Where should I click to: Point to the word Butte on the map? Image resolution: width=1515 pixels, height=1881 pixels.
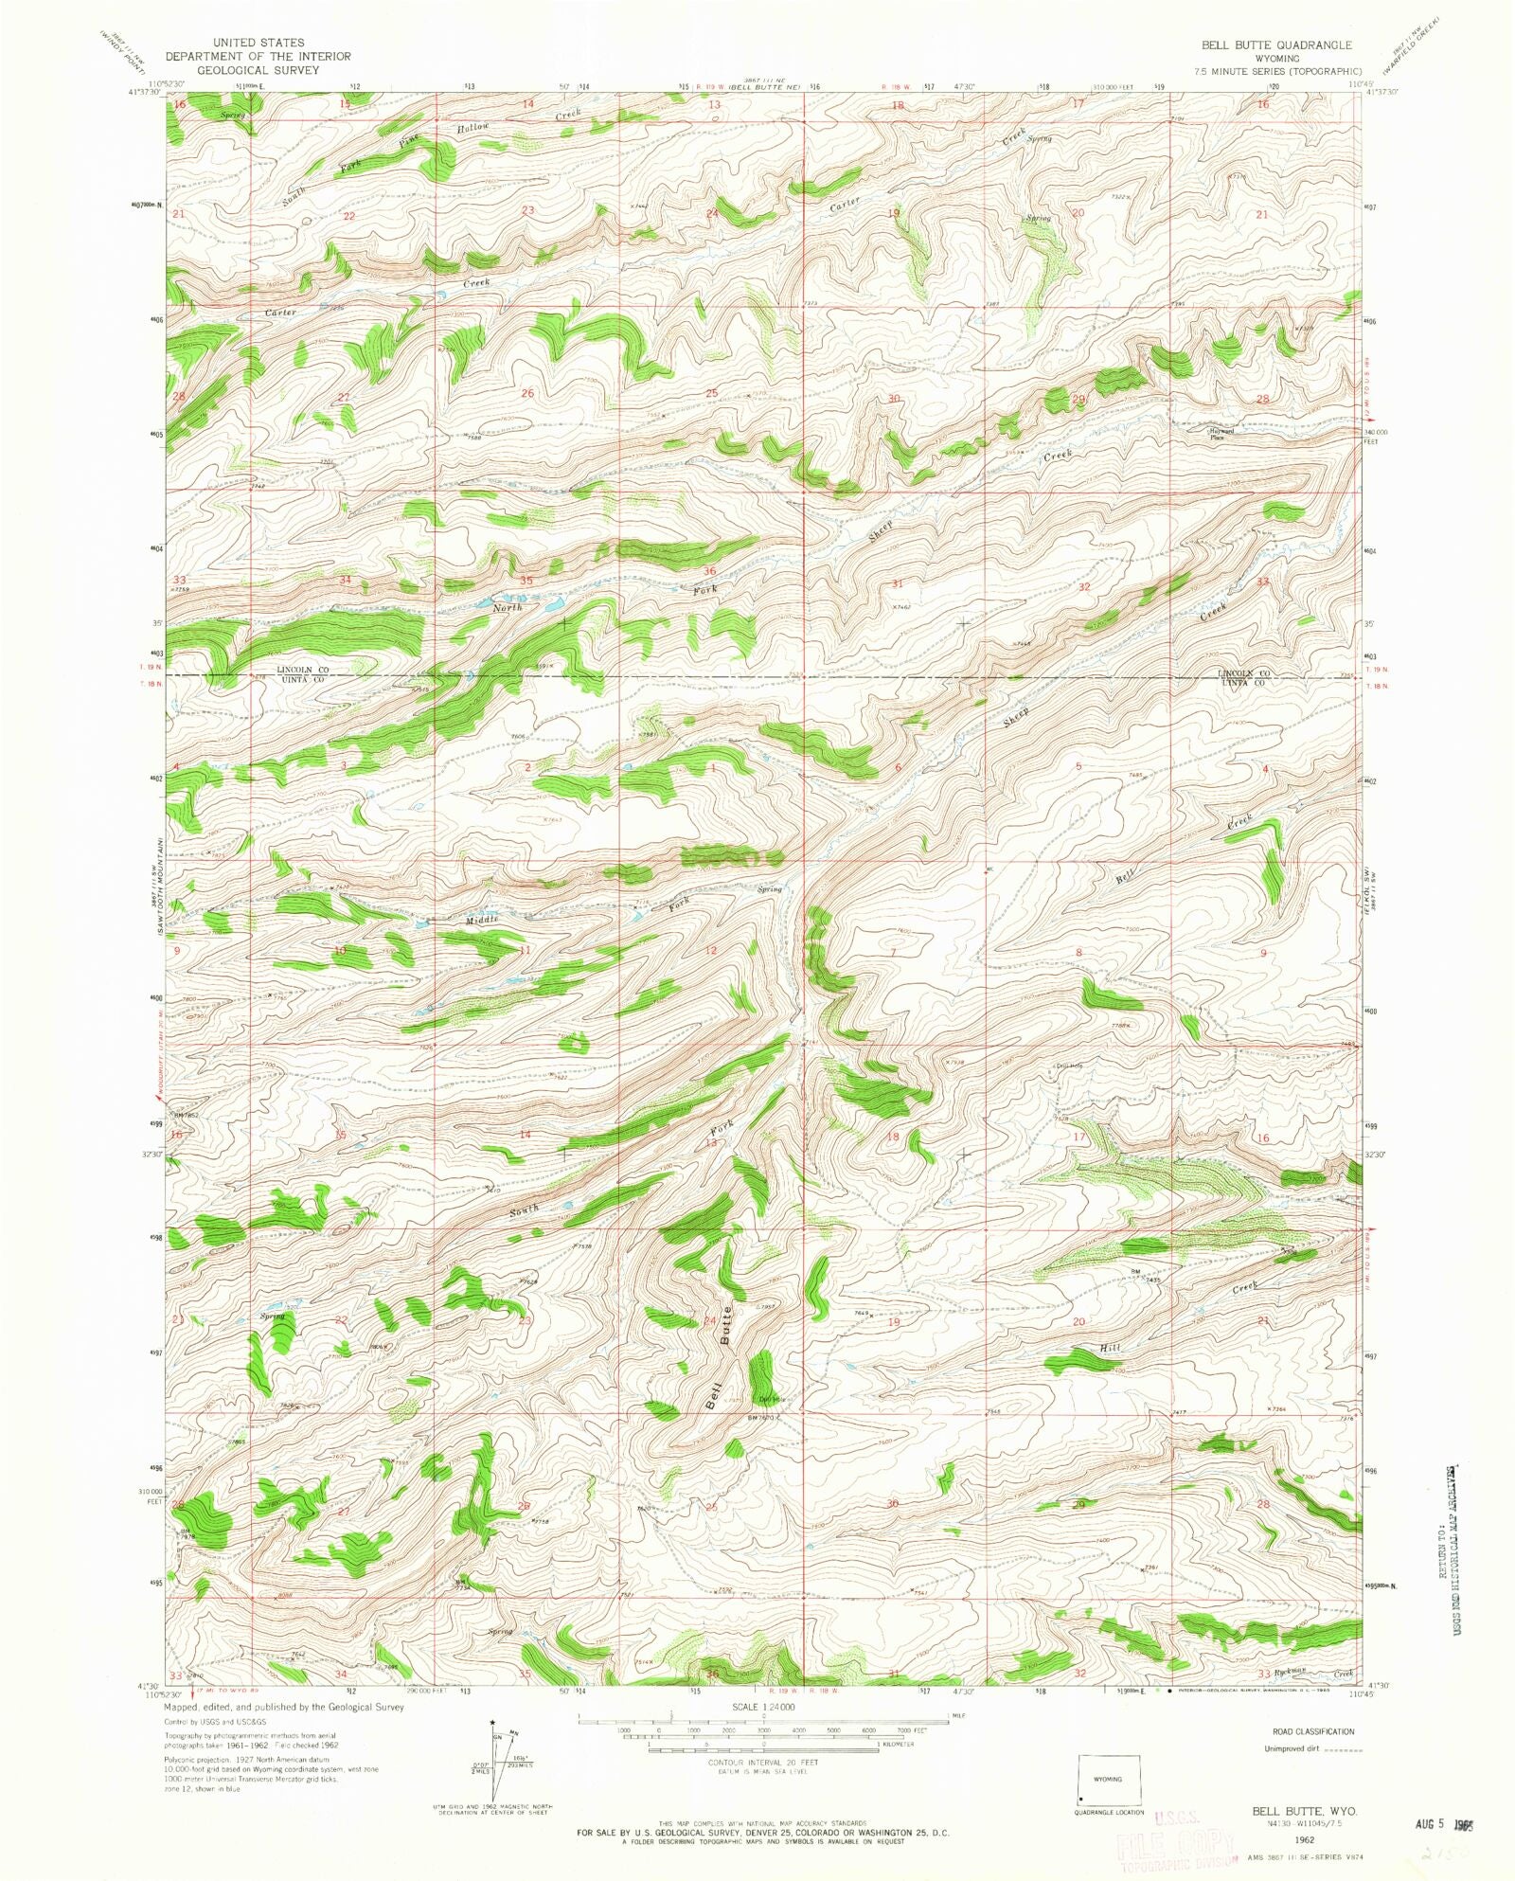pyautogui.click(x=727, y=1325)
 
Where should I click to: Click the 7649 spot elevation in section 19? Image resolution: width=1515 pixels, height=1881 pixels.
pyautogui.click(x=861, y=1314)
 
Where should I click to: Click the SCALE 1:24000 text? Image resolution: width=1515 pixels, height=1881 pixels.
pyautogui.click(x=763, y=1707)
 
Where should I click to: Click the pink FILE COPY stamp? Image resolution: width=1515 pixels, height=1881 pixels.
pyautogui.click(x=1174, y=1841)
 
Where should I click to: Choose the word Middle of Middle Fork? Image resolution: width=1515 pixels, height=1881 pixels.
pyautogui.click(x=481, y=919)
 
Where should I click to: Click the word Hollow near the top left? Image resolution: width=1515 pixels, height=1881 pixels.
pyautogui.click(x=473, y=127)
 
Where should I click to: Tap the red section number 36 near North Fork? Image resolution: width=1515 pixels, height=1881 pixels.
pyautogui.click(x=709, y=571)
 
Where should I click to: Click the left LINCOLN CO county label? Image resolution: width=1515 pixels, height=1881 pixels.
pyautogui.click(x=301, y=670)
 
